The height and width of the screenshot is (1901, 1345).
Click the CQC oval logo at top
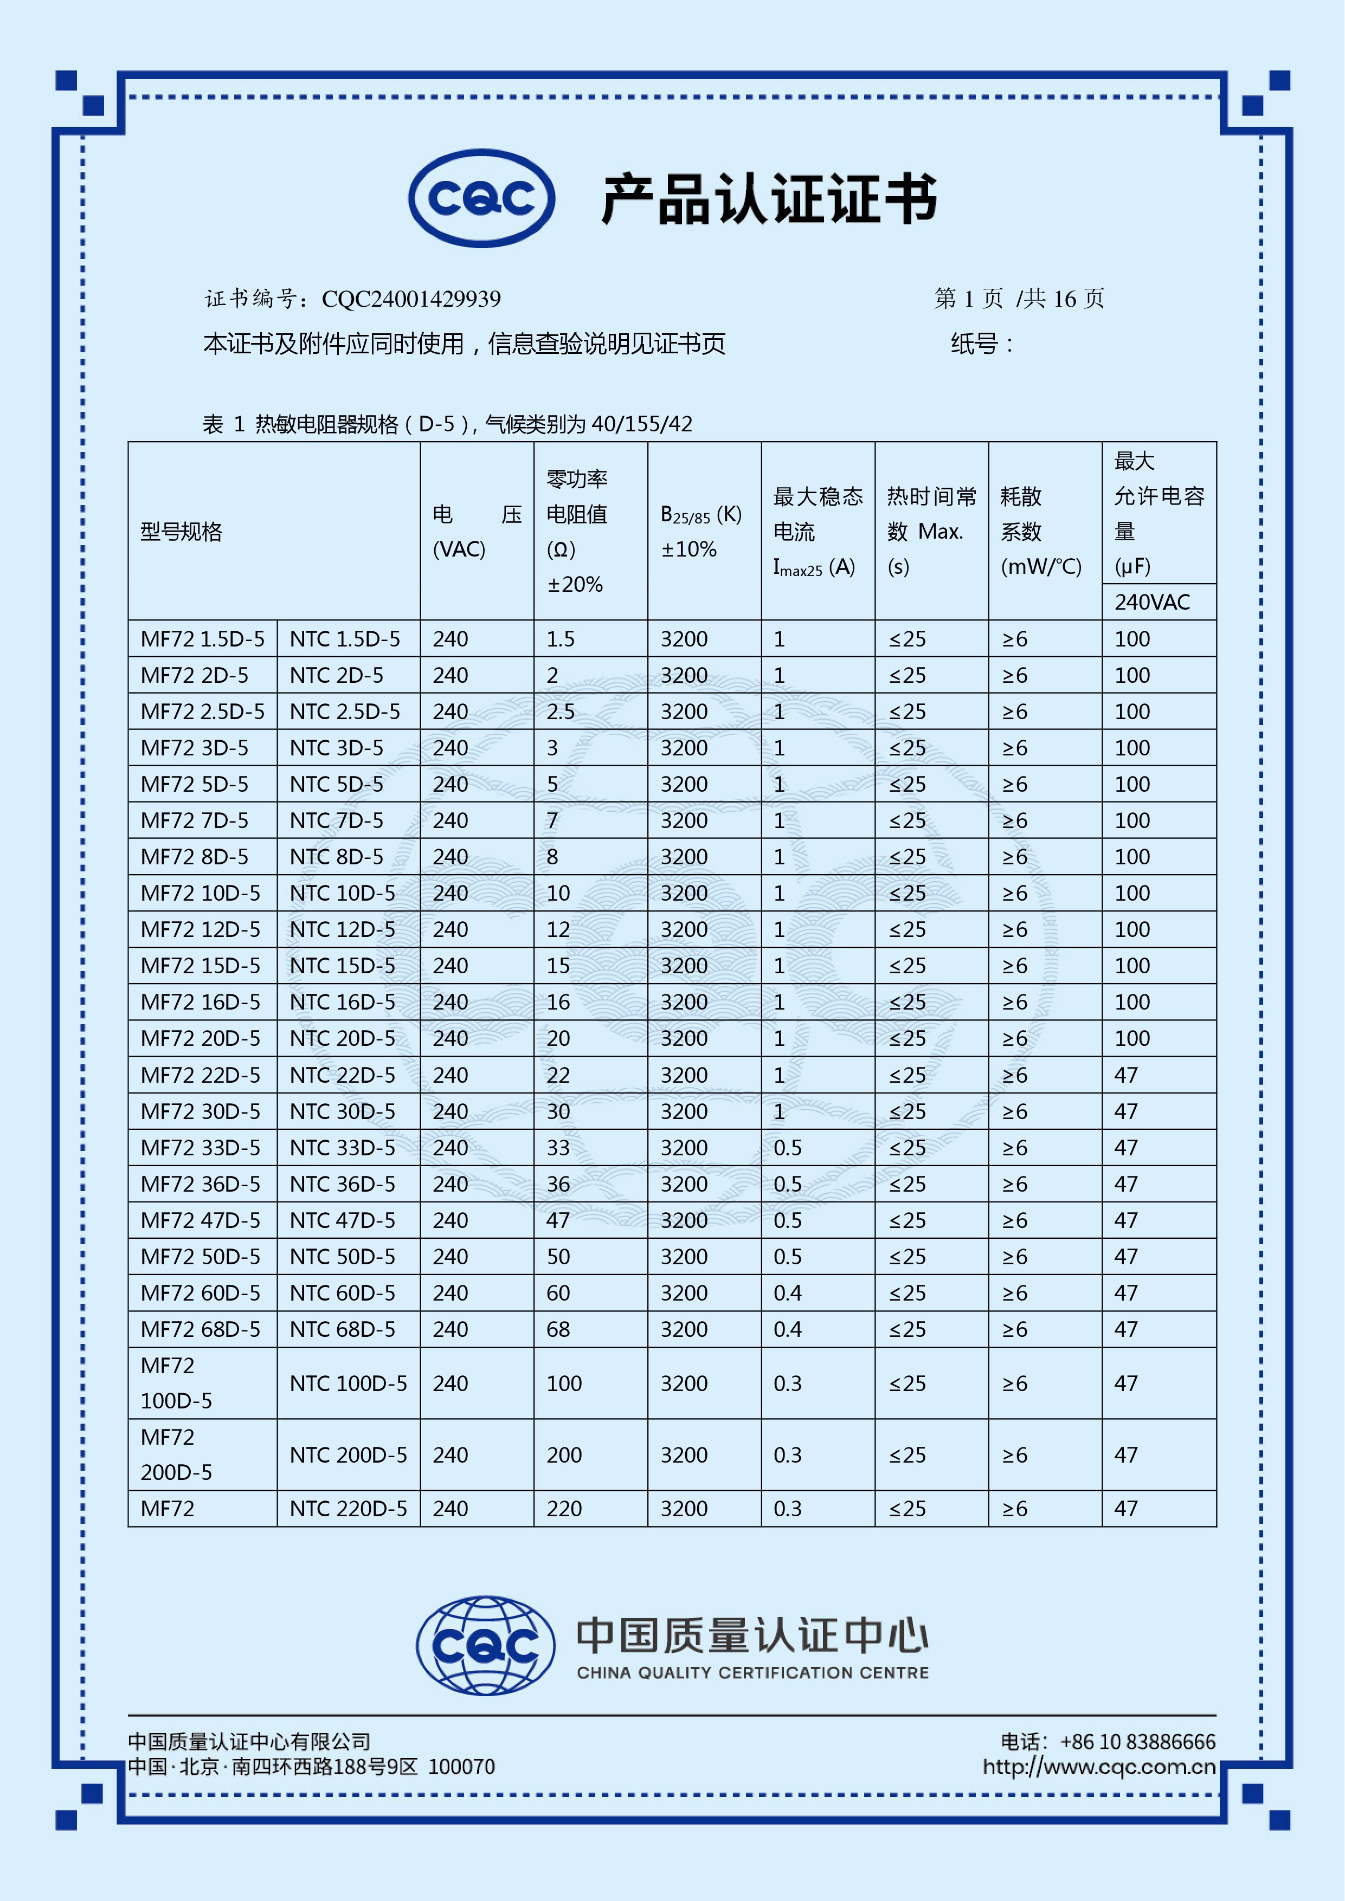[x=481, y=199]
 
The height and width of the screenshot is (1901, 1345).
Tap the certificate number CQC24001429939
[x=411, y=299]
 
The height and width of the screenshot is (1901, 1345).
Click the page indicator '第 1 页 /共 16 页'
[x=1019, y=299]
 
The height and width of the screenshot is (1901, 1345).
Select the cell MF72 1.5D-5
[x=203, y=639]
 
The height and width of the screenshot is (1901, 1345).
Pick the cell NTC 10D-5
[x=343, y=894]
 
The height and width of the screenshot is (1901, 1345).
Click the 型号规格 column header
[x=182, y=532]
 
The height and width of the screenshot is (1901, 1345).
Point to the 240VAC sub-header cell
[x=1152, y=602]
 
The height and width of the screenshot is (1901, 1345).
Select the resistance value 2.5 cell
[x=561, y=712]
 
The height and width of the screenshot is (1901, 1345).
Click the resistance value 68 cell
[x=558, y=1330]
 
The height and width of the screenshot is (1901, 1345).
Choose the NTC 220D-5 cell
[x=348, y=1509]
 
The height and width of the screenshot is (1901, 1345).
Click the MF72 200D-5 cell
[x=176, y=1454]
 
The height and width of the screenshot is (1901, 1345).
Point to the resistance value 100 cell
[x=564, y=1383]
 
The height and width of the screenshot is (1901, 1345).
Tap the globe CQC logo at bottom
[x=486, y=1645]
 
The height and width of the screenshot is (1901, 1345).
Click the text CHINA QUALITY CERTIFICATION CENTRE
[x=753, y=1672]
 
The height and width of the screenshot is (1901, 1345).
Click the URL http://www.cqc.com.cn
[x=1099, y=1767]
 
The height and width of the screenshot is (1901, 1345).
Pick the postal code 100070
[x=461, y=1767]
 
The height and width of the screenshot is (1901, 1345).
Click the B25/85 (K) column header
[x=700, y=532]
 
